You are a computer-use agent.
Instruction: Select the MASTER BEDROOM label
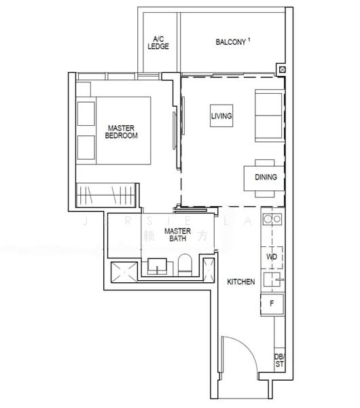122,131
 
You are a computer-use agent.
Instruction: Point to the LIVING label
221,116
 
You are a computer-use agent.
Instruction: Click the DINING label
266,178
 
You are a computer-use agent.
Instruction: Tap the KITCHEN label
240,281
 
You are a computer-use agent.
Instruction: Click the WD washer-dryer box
271,258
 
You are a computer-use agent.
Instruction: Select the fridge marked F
272,303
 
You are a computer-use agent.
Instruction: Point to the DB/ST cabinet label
279,360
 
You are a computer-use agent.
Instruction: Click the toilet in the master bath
185,265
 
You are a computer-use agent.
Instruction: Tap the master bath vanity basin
158,267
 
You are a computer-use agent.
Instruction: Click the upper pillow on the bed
86,113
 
